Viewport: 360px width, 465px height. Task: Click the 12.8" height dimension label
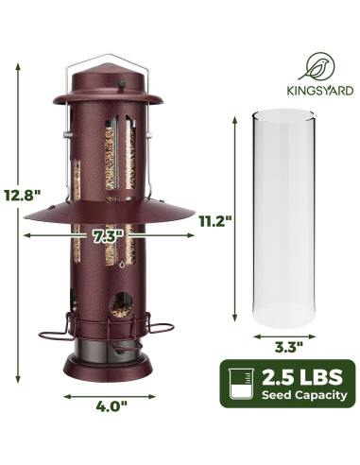pyautogui.click(x=23, y=196)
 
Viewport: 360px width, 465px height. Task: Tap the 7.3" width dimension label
pyautogui.click(x=108, y=235)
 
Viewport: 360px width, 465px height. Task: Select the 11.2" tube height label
pyautogui.click(x=215, y=221)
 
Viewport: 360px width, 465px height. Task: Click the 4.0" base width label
pyautogui.click(x=111, y=406)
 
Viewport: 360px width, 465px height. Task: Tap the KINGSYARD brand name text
pyautogui.click(x=319, y=91)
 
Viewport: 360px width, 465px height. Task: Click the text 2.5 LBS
pyautogui.click(x=301, y=377)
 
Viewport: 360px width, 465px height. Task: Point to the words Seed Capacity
pyautogui.click(x=304, y=395)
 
